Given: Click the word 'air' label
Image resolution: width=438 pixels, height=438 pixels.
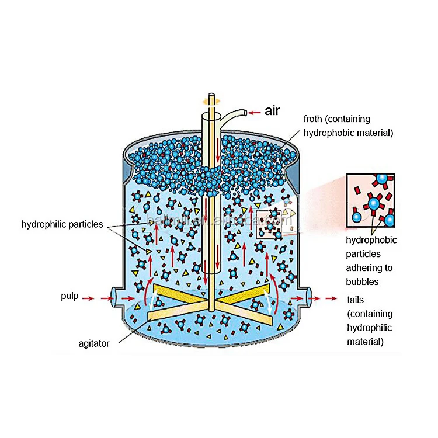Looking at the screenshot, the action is [272, 111].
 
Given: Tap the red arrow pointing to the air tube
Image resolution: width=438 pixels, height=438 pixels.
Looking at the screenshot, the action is [253, 112].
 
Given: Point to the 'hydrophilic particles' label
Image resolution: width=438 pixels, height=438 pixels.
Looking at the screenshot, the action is [62, 224].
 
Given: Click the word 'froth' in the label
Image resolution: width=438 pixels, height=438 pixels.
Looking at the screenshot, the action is [314, 119].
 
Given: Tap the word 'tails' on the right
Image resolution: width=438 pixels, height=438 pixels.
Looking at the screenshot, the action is [356, 300].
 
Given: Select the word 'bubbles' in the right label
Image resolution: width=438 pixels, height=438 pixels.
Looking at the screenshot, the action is [363, 281].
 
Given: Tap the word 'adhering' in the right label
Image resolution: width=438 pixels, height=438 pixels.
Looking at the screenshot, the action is [365, 267].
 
